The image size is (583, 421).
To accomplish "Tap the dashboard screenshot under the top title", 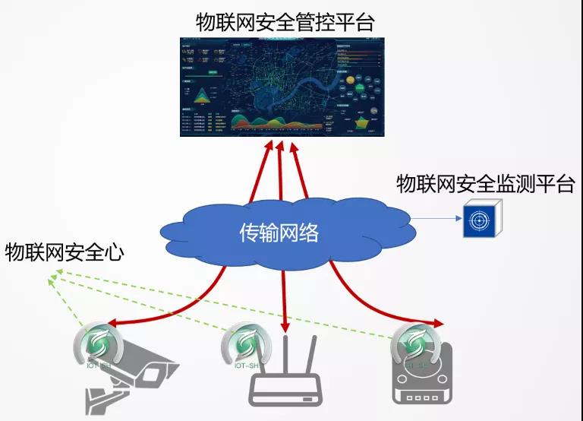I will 282,87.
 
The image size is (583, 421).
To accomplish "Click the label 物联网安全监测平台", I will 485,184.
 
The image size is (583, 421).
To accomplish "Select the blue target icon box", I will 478,220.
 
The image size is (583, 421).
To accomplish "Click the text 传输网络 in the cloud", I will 279,233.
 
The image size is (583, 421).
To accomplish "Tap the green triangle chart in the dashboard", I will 203,96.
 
